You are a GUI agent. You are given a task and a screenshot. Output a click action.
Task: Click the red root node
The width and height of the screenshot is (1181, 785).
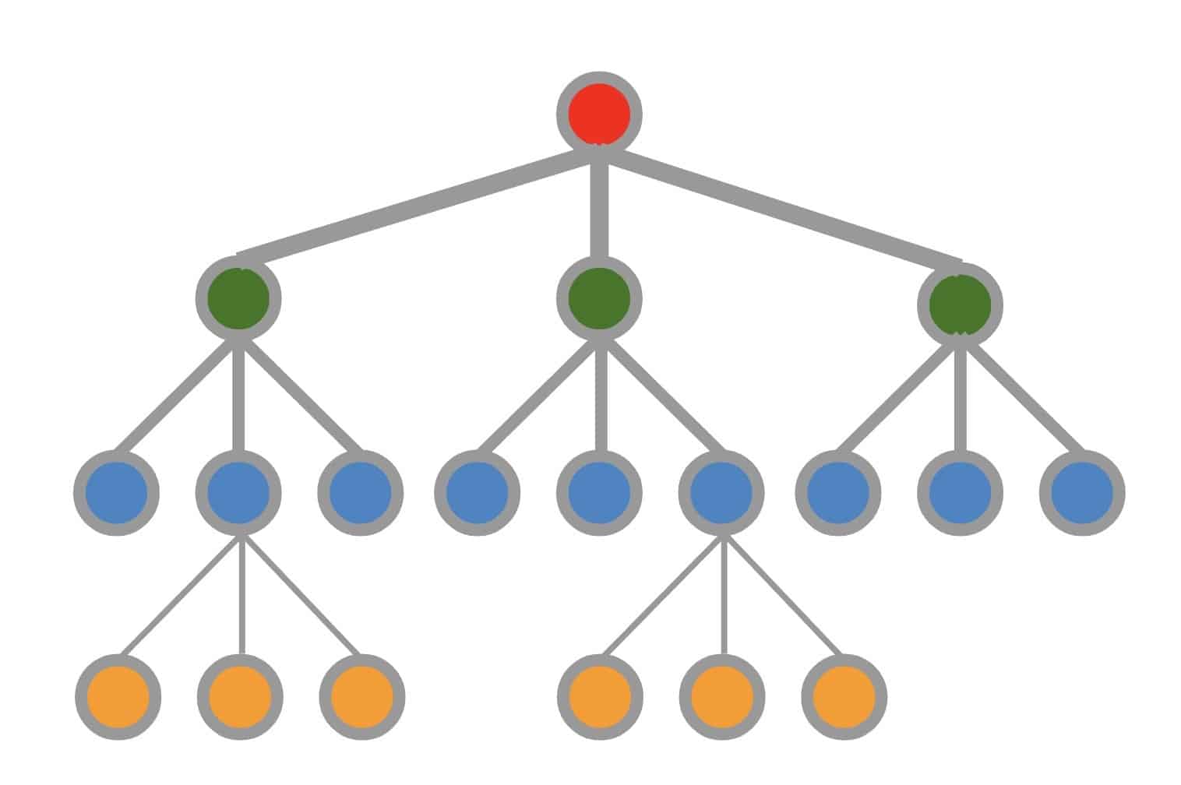599,114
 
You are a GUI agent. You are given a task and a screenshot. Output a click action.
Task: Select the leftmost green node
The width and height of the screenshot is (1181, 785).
238,298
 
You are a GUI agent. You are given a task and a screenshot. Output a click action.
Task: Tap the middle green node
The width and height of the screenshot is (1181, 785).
599,298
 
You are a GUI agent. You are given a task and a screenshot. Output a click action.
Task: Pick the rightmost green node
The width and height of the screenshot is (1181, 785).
960,304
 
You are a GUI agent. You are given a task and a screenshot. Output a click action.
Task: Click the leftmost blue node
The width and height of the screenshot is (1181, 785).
117,493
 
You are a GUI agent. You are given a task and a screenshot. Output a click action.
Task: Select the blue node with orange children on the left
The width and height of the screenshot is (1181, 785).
238,493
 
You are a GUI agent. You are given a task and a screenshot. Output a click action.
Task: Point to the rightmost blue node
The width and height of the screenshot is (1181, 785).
1082,493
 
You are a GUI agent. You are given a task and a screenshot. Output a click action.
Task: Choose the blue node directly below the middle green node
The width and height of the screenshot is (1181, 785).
599,493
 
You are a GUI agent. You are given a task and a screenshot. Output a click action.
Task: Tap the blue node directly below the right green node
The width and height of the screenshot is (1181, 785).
960,493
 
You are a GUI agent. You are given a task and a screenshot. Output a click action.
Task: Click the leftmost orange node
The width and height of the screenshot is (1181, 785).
118,696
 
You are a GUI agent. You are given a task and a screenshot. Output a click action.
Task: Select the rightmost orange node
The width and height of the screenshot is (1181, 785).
844,696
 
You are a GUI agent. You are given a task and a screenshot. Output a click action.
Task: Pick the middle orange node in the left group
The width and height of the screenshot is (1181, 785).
240,696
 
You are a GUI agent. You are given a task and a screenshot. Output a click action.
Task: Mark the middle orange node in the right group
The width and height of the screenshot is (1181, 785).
722,696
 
